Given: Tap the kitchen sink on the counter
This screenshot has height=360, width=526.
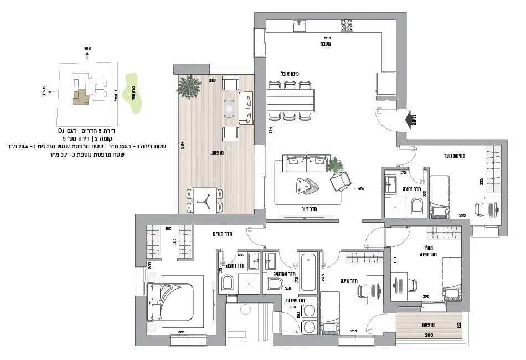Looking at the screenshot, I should pos(300,24).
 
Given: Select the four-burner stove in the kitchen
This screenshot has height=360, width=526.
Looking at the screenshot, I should pos(347,25).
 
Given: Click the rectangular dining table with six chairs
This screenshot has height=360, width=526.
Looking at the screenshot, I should pos(290,100).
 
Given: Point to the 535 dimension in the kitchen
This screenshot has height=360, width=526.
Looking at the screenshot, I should pos(327,37).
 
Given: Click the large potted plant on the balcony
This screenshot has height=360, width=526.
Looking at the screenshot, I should pos(189,87).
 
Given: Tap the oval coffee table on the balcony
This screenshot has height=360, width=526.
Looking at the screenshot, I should pos(229,109).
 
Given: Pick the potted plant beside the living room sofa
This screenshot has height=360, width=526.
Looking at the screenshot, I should pos(334,164).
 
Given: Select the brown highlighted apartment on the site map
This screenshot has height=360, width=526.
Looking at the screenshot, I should pos(81,97).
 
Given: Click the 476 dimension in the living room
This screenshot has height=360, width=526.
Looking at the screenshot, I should pos(360,188).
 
